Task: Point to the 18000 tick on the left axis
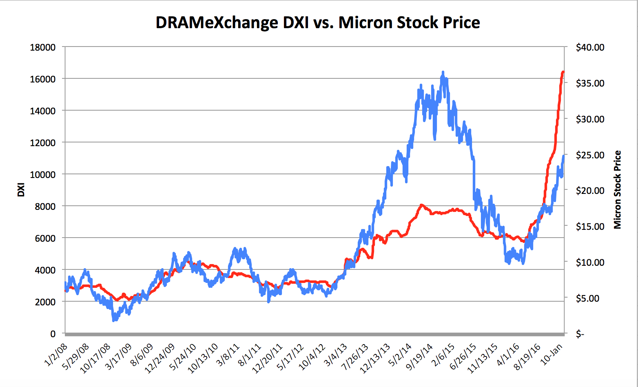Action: (43, 47)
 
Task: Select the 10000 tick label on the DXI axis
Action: (43, 175)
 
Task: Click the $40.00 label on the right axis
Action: (590, 47)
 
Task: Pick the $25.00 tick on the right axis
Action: (590, 155)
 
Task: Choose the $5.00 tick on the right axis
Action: (588, 298)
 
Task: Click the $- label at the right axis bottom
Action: (580, 334)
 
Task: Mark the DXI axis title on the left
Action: (21, 190)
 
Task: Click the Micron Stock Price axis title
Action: (618, 190)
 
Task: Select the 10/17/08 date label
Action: (95, 358)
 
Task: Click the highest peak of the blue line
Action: (443, 72)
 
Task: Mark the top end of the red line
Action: (563, 72)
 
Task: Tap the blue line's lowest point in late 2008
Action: (114, 320)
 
